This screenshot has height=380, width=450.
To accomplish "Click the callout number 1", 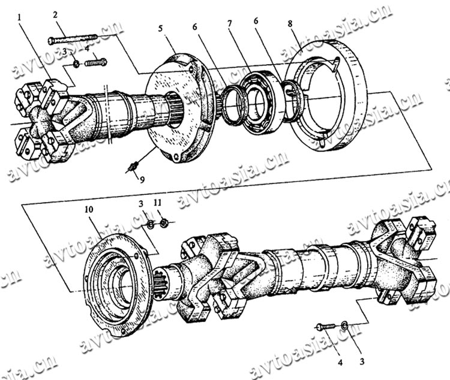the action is pos(19,18).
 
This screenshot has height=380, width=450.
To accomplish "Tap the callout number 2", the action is pos(55,15).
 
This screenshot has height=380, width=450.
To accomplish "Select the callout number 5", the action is pos(160,28).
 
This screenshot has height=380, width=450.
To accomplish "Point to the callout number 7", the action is pos(229,24).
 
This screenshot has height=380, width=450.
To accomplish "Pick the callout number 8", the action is pos(290,23).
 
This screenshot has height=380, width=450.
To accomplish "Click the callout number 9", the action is pos(142,180).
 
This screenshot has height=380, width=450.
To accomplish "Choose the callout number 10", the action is pos(89,209).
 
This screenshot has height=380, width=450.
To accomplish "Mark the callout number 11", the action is pos(158,203).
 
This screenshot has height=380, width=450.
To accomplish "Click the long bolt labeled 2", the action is pos(73,40).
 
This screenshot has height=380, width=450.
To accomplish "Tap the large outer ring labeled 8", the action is pos(329,95).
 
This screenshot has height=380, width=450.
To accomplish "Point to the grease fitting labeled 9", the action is pos(133,167).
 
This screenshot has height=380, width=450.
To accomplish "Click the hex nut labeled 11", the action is pos(164,222).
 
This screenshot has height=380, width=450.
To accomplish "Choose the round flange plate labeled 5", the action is pos(179,107).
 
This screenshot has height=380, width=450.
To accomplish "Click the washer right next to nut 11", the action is pos(150,224).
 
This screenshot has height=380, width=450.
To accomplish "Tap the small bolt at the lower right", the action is pos(326,326).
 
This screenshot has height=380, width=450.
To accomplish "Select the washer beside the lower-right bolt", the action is pos(344,325).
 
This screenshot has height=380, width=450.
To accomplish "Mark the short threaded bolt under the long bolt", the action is pos(96,62).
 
